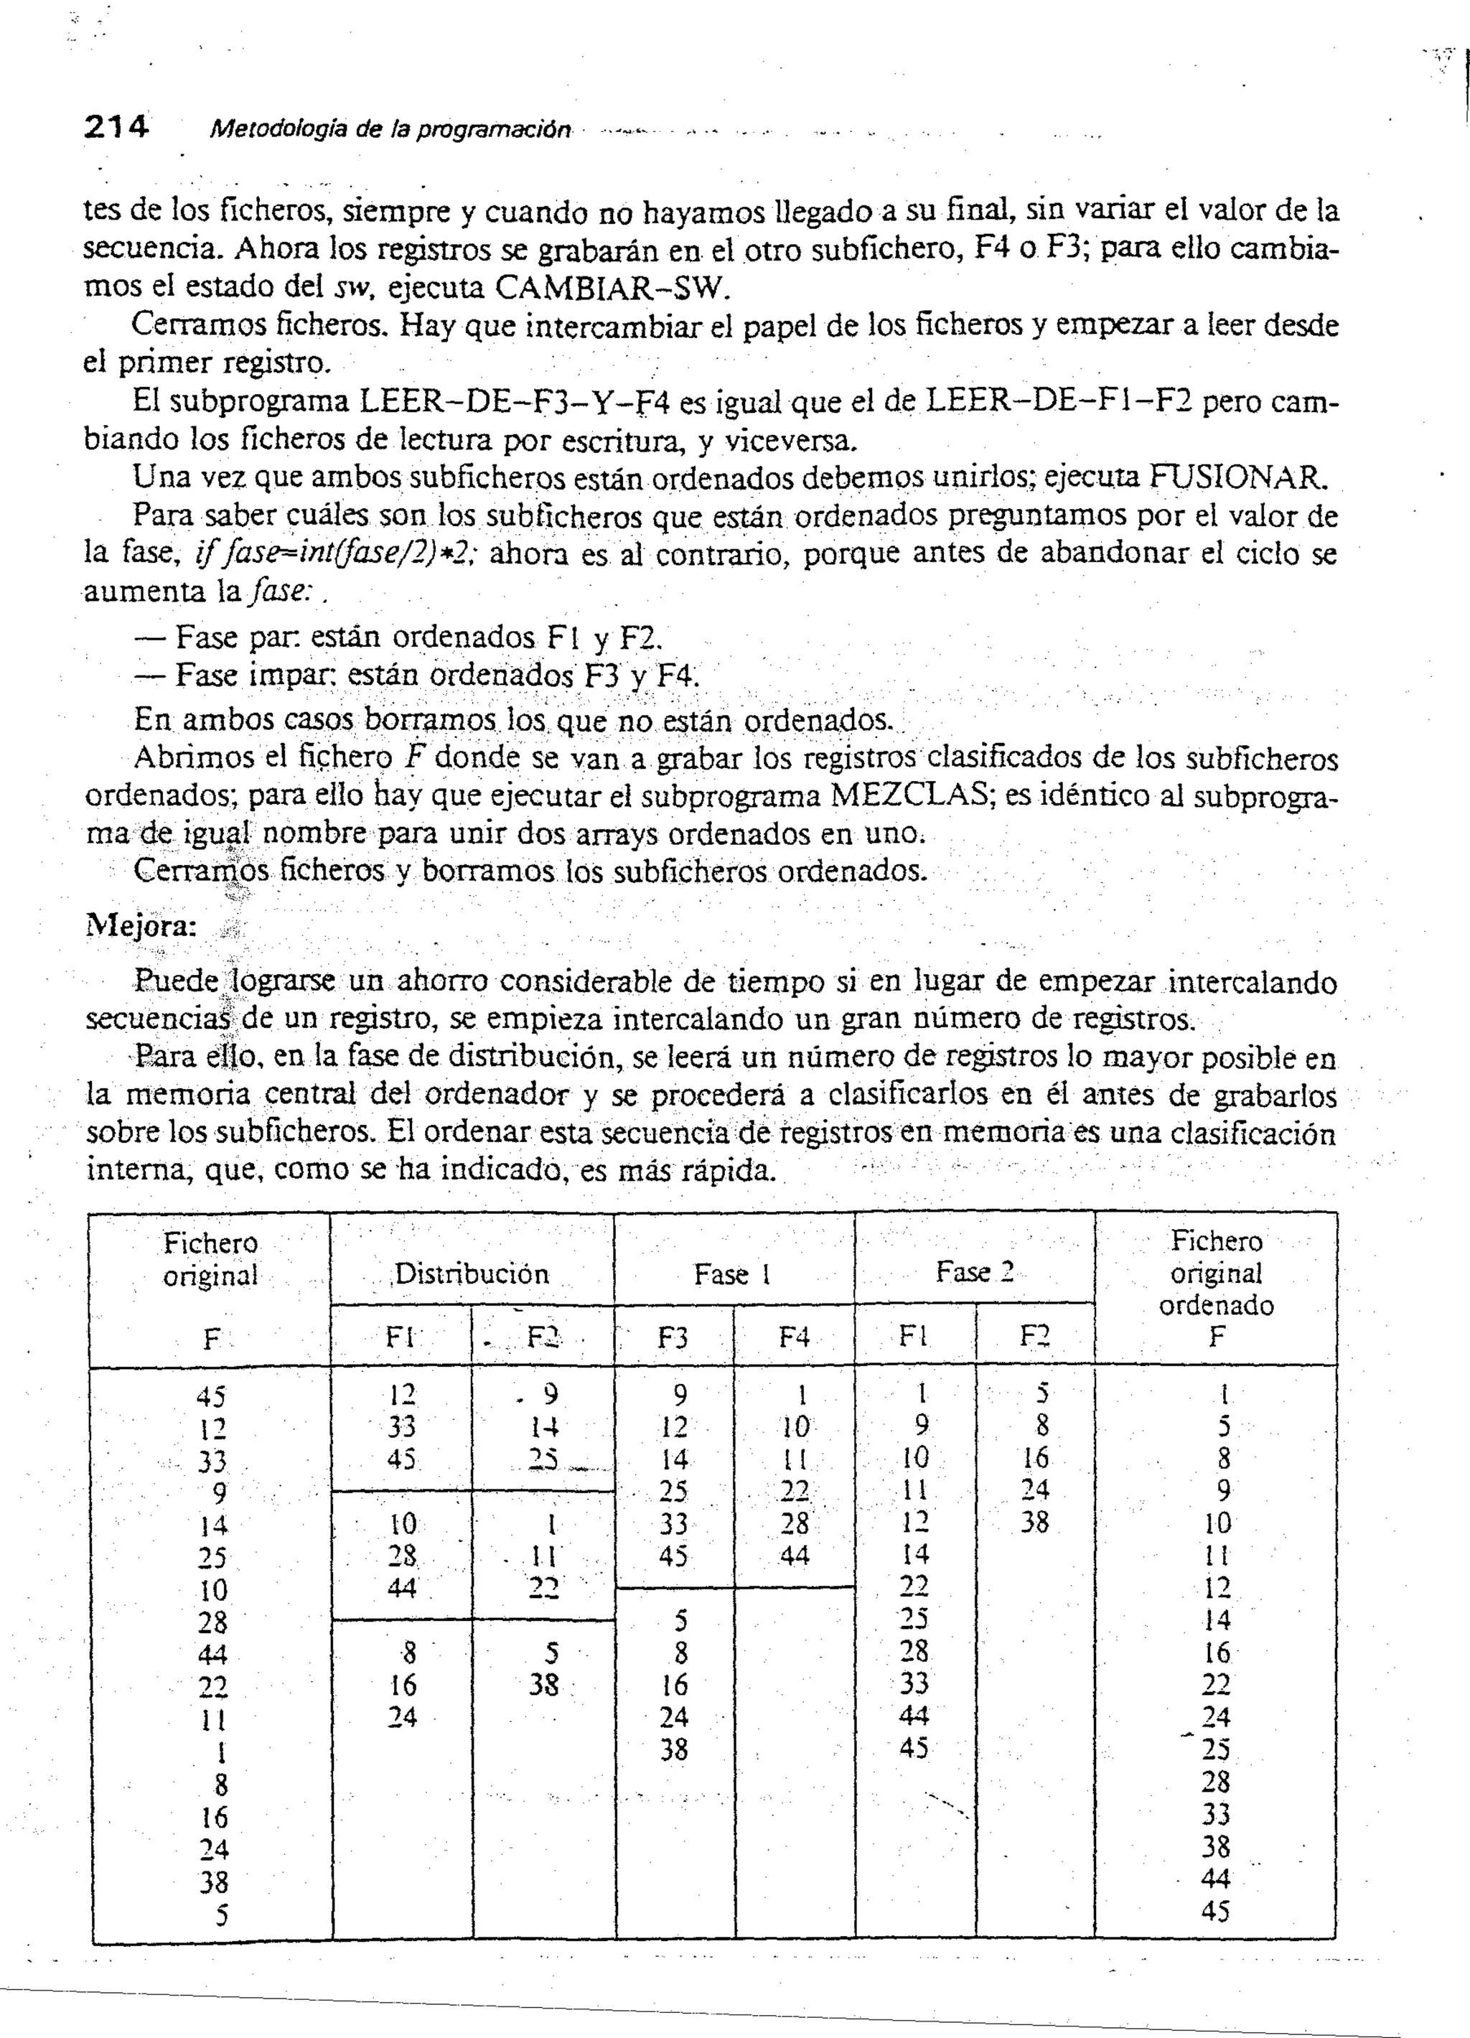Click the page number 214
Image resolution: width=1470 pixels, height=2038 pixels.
pos(116,128)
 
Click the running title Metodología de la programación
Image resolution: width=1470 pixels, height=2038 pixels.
pos(390,131)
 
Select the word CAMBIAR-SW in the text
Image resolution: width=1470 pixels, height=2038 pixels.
pos(608,288)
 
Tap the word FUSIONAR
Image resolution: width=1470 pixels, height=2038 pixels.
pos(1238,476)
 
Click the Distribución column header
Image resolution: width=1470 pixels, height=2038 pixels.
pos(472,1273)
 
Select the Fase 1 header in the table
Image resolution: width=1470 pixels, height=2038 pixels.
pos(733,1274)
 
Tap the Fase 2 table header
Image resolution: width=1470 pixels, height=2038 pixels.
pos(974,1272)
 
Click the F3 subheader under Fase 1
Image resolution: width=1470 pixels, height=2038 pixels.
pos(673,1338)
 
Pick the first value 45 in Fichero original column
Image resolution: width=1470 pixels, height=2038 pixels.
pos(211,1396)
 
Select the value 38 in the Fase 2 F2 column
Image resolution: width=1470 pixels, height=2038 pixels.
pos(1035,1522)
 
